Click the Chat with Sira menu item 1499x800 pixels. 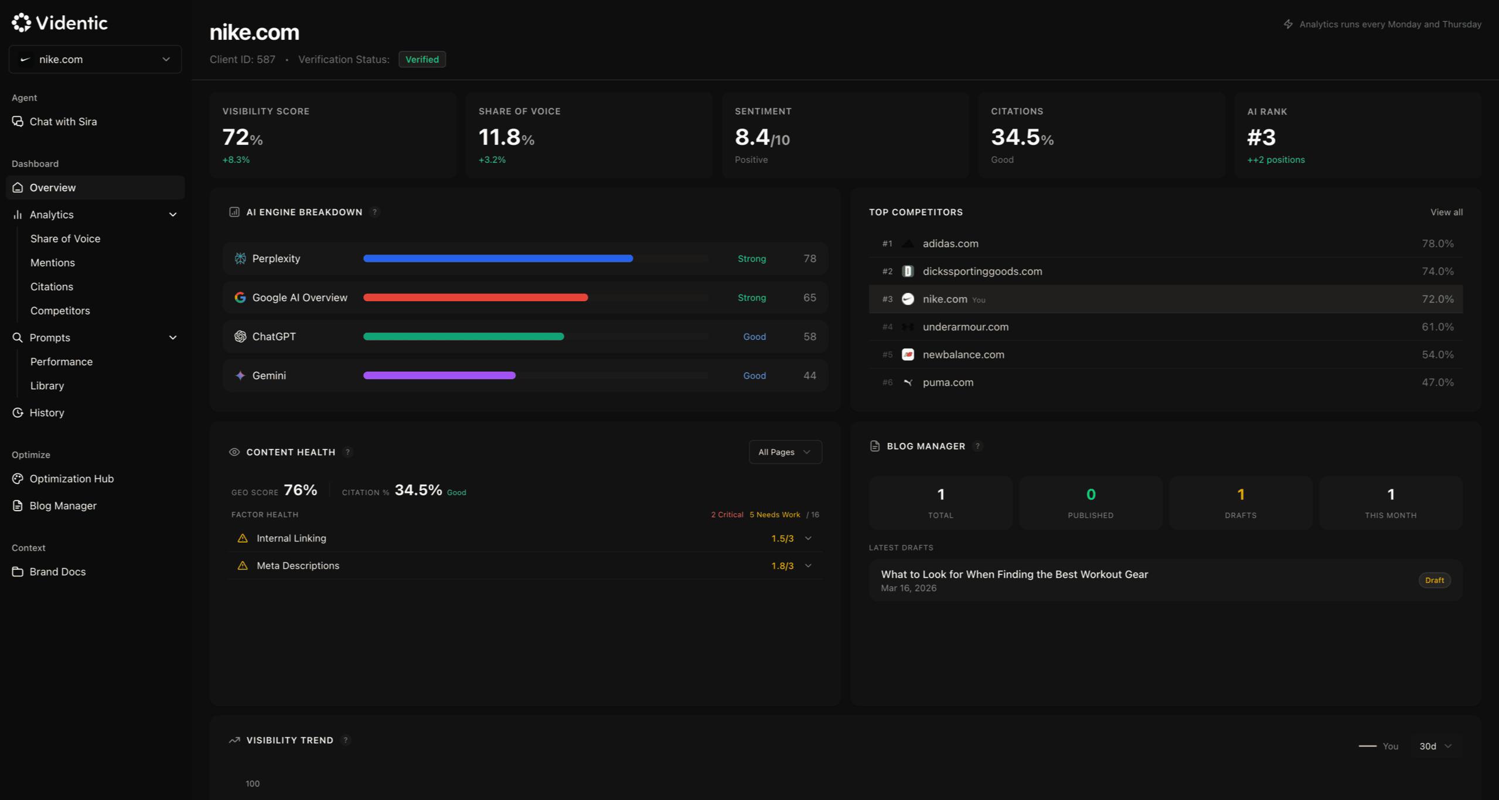coord(63,122)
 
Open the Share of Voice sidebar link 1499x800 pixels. coord(65,239)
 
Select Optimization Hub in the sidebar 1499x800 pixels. coord(71,479)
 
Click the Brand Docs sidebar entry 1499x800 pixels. coord(57,571)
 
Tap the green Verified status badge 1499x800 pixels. coord(422,59)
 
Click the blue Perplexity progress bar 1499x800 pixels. coord(498,258)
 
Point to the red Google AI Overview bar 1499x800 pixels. coord(475,298)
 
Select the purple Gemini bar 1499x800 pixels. coord(439,376)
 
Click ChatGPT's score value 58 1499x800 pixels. coord(809,336)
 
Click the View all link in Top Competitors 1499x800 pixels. coord(1446,212)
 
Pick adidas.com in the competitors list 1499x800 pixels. coord(950,243)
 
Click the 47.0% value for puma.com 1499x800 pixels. coord(1437,382)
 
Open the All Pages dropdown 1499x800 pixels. coord(785,452)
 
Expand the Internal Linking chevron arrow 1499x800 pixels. coord(808,538)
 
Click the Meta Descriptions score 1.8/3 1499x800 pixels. coord(782,566)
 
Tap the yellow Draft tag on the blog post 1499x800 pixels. coord(1434,580)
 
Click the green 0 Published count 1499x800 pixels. coord(1090,495)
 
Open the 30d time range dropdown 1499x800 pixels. coord(1434,746)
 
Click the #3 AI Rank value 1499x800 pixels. coord(1261,138)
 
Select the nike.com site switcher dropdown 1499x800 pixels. coord(95,59)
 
